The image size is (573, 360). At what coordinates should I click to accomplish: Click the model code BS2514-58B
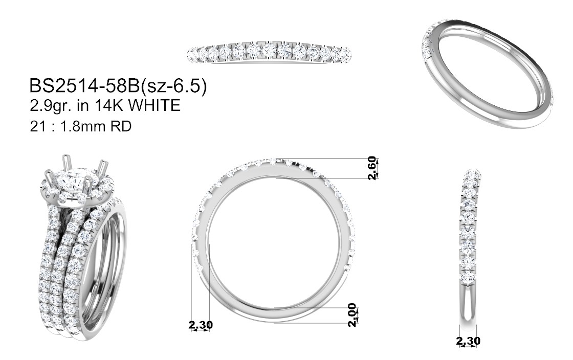coord(84,86)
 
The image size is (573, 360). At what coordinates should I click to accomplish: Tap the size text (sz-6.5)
coord(173,87)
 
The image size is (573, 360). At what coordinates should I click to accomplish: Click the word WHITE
coord(155,105)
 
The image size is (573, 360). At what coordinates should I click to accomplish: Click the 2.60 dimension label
coord(371,168)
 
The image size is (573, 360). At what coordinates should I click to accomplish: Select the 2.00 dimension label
coord(351,315)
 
